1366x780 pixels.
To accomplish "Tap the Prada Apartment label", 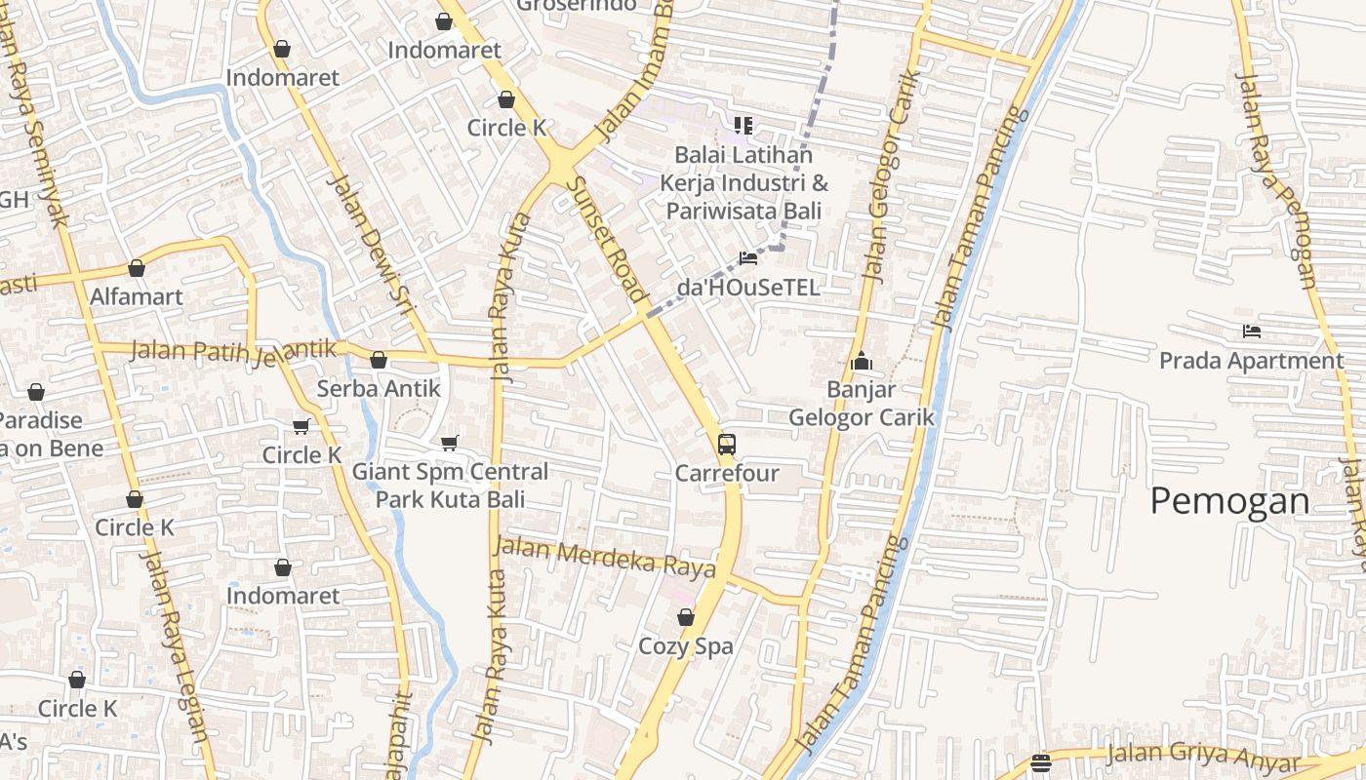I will [1251, 361].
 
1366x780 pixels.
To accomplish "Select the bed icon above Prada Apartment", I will [1252, 331].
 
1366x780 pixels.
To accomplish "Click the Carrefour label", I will [727, 474].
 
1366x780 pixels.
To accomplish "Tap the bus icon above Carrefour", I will [726, 445].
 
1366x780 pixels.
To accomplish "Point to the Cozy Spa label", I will [685, 645].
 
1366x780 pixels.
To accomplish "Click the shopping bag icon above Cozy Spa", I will [686, 617].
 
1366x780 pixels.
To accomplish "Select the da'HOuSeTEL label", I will [748, 288].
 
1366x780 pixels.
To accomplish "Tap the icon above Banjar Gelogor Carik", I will [861, 362].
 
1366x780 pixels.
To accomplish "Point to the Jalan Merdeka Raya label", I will [605, 558].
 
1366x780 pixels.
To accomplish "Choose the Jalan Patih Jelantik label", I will [233, 350].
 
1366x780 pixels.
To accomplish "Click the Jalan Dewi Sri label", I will [370, 245].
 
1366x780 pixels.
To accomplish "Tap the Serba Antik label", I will [379, 388].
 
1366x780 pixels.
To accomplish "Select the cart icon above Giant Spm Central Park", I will [450, 444].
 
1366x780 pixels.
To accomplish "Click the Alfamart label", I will [137, 296].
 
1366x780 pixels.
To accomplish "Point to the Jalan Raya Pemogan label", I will [1277, 180].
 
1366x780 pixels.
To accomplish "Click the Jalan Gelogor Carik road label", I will [891, 175].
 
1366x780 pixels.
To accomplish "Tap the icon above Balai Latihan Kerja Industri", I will [743, 126].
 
